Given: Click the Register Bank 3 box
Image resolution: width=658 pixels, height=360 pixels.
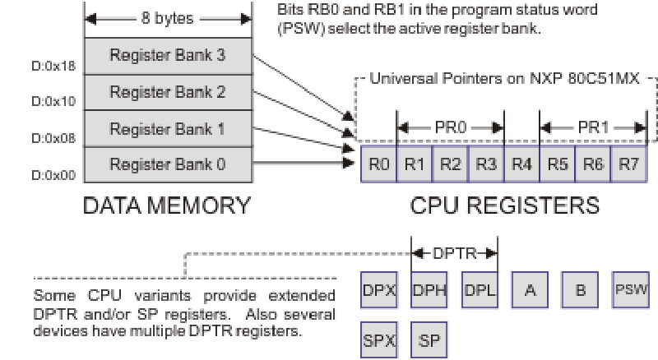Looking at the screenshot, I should coord(167,57).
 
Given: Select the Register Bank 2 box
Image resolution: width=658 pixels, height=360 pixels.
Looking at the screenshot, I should coord(167,93).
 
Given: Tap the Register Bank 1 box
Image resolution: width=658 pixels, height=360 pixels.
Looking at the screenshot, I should coord(167,129).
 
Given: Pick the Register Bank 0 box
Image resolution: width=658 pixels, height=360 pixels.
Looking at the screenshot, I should coord(167,164).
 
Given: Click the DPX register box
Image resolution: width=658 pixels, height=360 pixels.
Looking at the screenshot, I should coord(378,290).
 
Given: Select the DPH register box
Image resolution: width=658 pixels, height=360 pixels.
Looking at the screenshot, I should coord(429,290).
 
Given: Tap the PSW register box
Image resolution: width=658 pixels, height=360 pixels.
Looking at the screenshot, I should coord(631,290).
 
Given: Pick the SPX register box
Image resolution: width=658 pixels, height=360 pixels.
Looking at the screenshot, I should coord(378,339).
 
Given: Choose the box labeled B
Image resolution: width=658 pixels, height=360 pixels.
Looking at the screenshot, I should coord(580,290).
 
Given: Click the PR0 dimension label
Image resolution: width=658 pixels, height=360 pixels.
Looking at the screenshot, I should coord(450,127).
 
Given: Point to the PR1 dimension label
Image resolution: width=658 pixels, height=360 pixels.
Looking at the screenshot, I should coord(593,127).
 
